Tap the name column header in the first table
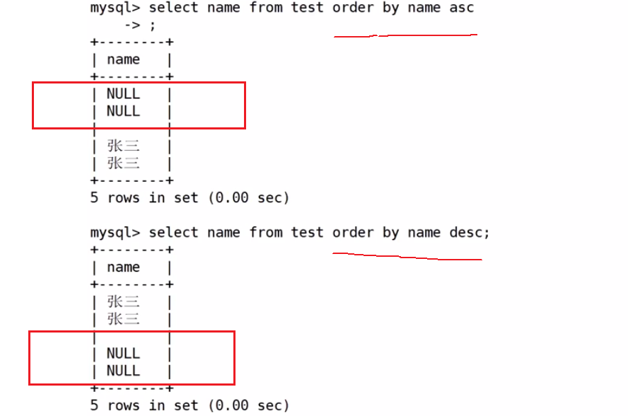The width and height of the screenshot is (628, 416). click(x=123, y=60)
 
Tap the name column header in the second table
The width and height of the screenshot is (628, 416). click(x=123, y=267)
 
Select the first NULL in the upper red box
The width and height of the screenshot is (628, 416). click(x=123, y=94)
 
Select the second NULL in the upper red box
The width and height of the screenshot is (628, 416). click(x=123, y=111)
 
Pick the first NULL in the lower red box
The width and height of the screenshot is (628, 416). click(x=123, y=353)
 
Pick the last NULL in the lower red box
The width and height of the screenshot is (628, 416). click(x=123, y=371)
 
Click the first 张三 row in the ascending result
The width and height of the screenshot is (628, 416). click(x=123, y=146)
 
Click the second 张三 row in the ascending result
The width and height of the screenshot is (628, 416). click(x=123, y=163)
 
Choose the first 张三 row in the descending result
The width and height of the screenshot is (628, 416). click(x=123, y=302)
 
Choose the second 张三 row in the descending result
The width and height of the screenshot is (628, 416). click(x=123, y=319)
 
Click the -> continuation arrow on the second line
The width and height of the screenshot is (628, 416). click(x=132, y=25)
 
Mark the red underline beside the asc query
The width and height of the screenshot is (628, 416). click(x=405, y=35)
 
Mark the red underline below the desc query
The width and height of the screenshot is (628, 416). click(x=407, y=256)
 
